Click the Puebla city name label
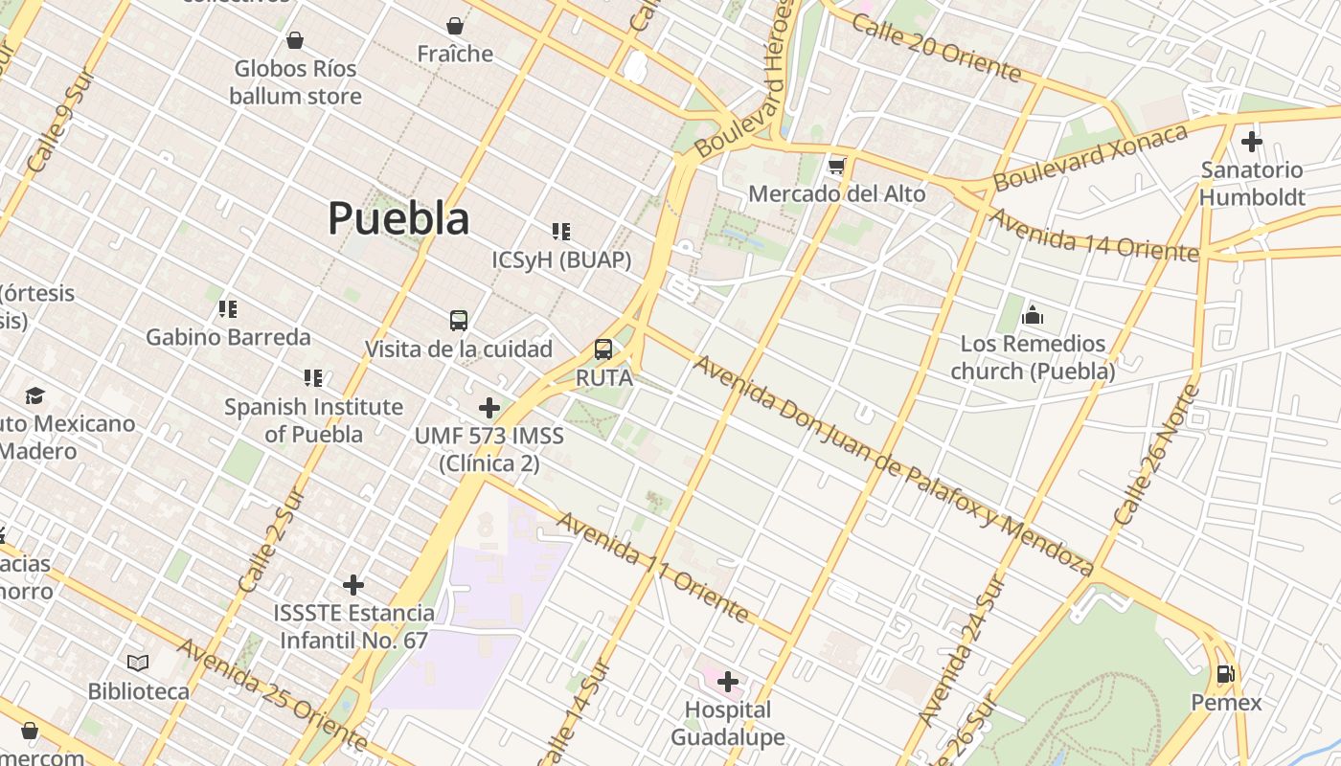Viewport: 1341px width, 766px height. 398,218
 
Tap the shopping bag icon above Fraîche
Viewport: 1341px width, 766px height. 455,26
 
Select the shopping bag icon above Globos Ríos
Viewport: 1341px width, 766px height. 295,40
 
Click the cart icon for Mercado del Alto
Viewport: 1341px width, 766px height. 837,167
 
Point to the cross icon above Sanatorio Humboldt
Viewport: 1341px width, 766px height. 1251,143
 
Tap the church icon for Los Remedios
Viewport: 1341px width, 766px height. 1033,315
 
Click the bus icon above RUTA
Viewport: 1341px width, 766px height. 603,349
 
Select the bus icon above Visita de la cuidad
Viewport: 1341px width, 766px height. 459,321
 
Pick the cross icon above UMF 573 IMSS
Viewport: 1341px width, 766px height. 489,408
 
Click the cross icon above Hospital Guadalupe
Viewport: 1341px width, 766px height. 728,682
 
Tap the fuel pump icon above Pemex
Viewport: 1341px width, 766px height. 1225,674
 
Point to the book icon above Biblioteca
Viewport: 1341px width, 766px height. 138,663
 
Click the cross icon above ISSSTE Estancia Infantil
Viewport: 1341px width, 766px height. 353,584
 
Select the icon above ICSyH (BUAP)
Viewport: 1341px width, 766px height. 561,232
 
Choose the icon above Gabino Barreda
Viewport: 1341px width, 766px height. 228,309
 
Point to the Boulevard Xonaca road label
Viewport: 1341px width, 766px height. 1090,157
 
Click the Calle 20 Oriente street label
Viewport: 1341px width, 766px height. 936,48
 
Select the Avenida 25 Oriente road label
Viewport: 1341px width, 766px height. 272,695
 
